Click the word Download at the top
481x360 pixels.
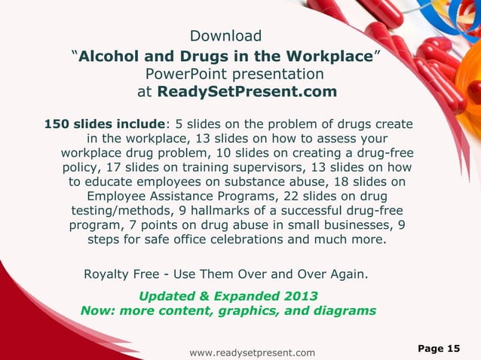pyautogui.click(x=225, y=36)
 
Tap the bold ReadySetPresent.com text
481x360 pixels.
pyautogui.click(x=247, y=93)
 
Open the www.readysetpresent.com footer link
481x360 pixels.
pyautogui.click(x=252, y=352)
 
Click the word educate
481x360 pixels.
pyautogui.click(x=114, y=182)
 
